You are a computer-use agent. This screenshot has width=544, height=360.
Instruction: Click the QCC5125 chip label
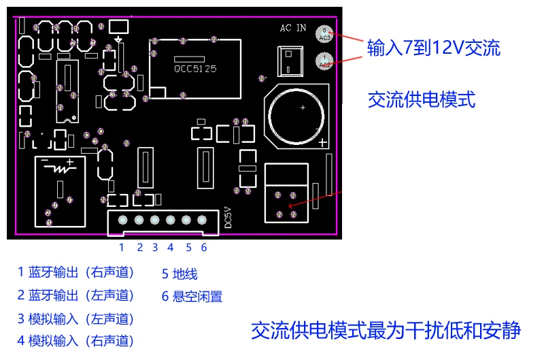pyautogui.click(x=195, y=69)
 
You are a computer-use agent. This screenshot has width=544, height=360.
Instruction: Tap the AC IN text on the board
pyautogui.click(x=293, y=29)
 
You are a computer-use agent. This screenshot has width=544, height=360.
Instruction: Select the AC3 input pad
pyautogui.click(x=325, y=33)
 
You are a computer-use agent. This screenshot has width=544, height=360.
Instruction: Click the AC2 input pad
pyautogui.click(x=325, y=61)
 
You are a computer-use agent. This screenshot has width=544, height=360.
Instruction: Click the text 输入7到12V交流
pyautogui.click(x=433, y=48)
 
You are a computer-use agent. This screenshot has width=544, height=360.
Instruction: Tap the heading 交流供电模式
pyautogui.click(x=421, y=100)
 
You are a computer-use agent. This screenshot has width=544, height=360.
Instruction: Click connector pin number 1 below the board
pyautogui.click(x=122, y=248)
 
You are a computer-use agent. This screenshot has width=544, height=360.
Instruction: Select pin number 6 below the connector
pyautogui.click(x=203, y=248)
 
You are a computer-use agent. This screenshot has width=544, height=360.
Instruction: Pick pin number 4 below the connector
pyautogui.click(x=170, y=248)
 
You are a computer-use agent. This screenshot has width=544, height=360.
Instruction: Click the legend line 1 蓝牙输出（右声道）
pyautogui.click(x=76, y=273)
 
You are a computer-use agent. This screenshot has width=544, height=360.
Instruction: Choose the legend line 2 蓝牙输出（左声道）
pyautogui.click(x=76, y=295)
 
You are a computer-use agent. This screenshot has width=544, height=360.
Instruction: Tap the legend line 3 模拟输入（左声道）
pyautogui.click(x=76, y=318)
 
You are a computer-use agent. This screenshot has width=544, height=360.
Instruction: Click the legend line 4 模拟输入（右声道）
pyautogui.click(x=76, y=340)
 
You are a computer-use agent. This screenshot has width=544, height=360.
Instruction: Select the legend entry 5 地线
pyautogui.click(x=180, y=274)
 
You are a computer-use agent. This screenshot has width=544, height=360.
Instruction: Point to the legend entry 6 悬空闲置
pyautogui.click(x=192, y=297)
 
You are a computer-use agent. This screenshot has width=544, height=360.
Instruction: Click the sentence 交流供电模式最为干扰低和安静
pyautogui.click(x=386, y=331)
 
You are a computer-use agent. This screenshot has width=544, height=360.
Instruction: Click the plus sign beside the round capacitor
pyautogui.click(x=322, y=143)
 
